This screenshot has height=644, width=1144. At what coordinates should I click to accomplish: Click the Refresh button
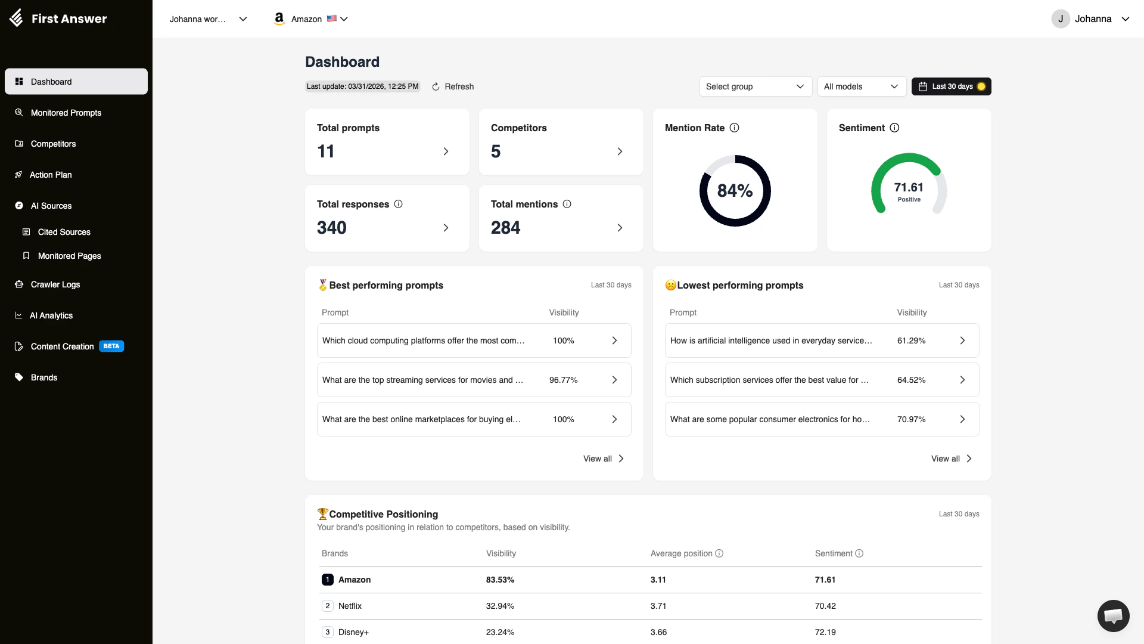(x=453, y=86)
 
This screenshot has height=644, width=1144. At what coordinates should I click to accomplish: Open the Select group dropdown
(x=755, y=86)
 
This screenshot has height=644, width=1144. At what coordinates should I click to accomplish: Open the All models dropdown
(x=861, y=86)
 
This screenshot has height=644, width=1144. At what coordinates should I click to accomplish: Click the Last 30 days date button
(x=952, y=86)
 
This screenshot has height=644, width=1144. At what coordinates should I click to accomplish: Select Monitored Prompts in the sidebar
(x=66, y=113)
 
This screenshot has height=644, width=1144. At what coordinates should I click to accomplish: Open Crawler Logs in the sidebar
(x=55, y=284)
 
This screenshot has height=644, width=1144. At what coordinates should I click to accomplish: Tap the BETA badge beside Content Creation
(x=111, y=346)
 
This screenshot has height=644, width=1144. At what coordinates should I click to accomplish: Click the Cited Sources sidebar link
(x=64, y=232)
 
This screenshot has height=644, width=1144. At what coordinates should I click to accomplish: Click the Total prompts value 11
(x=326, y=151)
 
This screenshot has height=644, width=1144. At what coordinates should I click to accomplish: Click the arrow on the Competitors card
(x=620, y=151)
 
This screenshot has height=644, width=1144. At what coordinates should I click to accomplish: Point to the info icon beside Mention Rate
(x=735, y=128)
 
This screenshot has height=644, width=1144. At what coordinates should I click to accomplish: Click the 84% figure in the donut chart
(x=735, y=191)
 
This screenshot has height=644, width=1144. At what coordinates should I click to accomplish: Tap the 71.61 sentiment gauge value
(x=909, y=188)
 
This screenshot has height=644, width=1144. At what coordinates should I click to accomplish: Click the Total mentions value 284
(x=505, y=228)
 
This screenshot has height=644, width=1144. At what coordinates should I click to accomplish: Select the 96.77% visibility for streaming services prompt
(x=563, y=380)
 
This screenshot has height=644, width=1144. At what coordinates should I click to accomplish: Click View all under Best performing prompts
(x=603, y=459)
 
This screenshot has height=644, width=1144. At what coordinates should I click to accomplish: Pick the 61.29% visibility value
(x=911, y=340)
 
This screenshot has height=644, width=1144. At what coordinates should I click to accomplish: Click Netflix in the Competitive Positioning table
(x=350, y=606)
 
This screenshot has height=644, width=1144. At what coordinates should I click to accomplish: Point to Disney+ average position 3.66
(x=658, y=632)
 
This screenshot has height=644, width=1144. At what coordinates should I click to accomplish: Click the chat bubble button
(x=1113, y=615)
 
